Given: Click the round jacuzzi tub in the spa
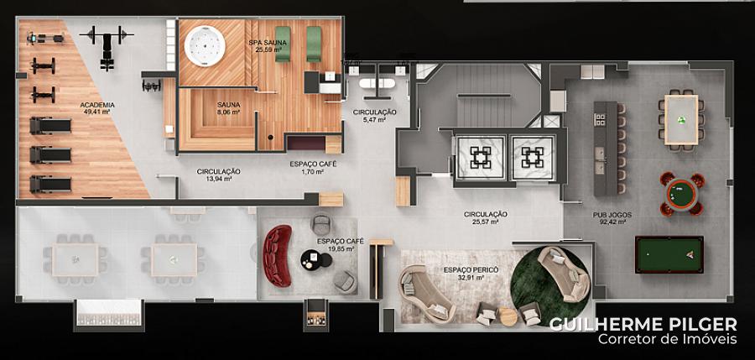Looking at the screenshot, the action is [x=205, y=46].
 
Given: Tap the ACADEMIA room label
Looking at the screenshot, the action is [x=97, y=108].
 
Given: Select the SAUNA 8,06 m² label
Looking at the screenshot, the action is [x=228, y=108].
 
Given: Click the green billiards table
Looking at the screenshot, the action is [x=669, y=254].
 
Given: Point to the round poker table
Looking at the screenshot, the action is [x=682, y=194].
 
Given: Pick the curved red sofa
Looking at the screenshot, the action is [x=278, y=256].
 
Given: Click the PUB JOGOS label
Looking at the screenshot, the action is [x=609, y=218].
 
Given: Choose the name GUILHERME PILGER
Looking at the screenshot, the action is [x=643, y=323].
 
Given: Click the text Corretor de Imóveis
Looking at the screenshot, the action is [x=668, y=339].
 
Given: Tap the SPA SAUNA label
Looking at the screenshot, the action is [x=268, y=46].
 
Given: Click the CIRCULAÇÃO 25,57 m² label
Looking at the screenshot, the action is [x=486, y=218].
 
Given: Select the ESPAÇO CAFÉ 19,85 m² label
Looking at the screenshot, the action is [x=341, y=245].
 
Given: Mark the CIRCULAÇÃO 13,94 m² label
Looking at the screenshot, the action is [x=218, y=175].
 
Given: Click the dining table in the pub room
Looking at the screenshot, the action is [x=681, y=119].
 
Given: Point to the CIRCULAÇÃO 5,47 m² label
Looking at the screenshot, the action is [x=375, y=116].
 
